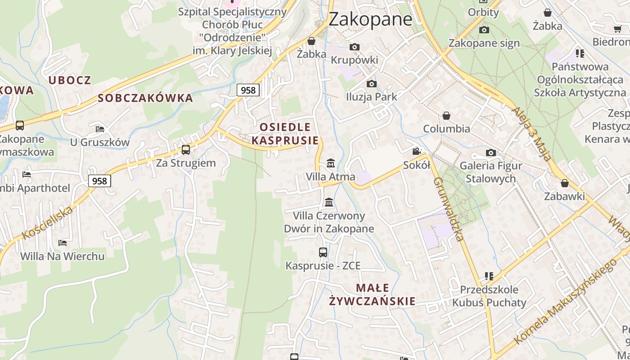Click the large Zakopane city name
pos(370,19)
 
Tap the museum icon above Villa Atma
pos(331,163)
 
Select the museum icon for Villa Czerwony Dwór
pos(329,202)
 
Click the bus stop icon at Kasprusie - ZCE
pos(323,252)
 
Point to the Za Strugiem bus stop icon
pos(186,150)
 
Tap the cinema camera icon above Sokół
pos(417,152)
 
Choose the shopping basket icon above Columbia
pos(446,116)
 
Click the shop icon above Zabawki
pos(565,183)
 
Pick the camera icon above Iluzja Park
pos(371,84)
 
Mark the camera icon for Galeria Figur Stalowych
pos(491,153)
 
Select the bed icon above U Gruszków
pos(100,129)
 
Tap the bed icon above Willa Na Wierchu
pos(63,243)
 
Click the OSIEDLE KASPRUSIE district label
pos(285,134)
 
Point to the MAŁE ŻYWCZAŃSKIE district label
pos(372,294)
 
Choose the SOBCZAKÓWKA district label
pos(145,98)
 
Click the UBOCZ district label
pos(70,81)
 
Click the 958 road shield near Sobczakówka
pos(248,90)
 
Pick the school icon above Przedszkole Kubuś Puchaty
pos(489,276)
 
